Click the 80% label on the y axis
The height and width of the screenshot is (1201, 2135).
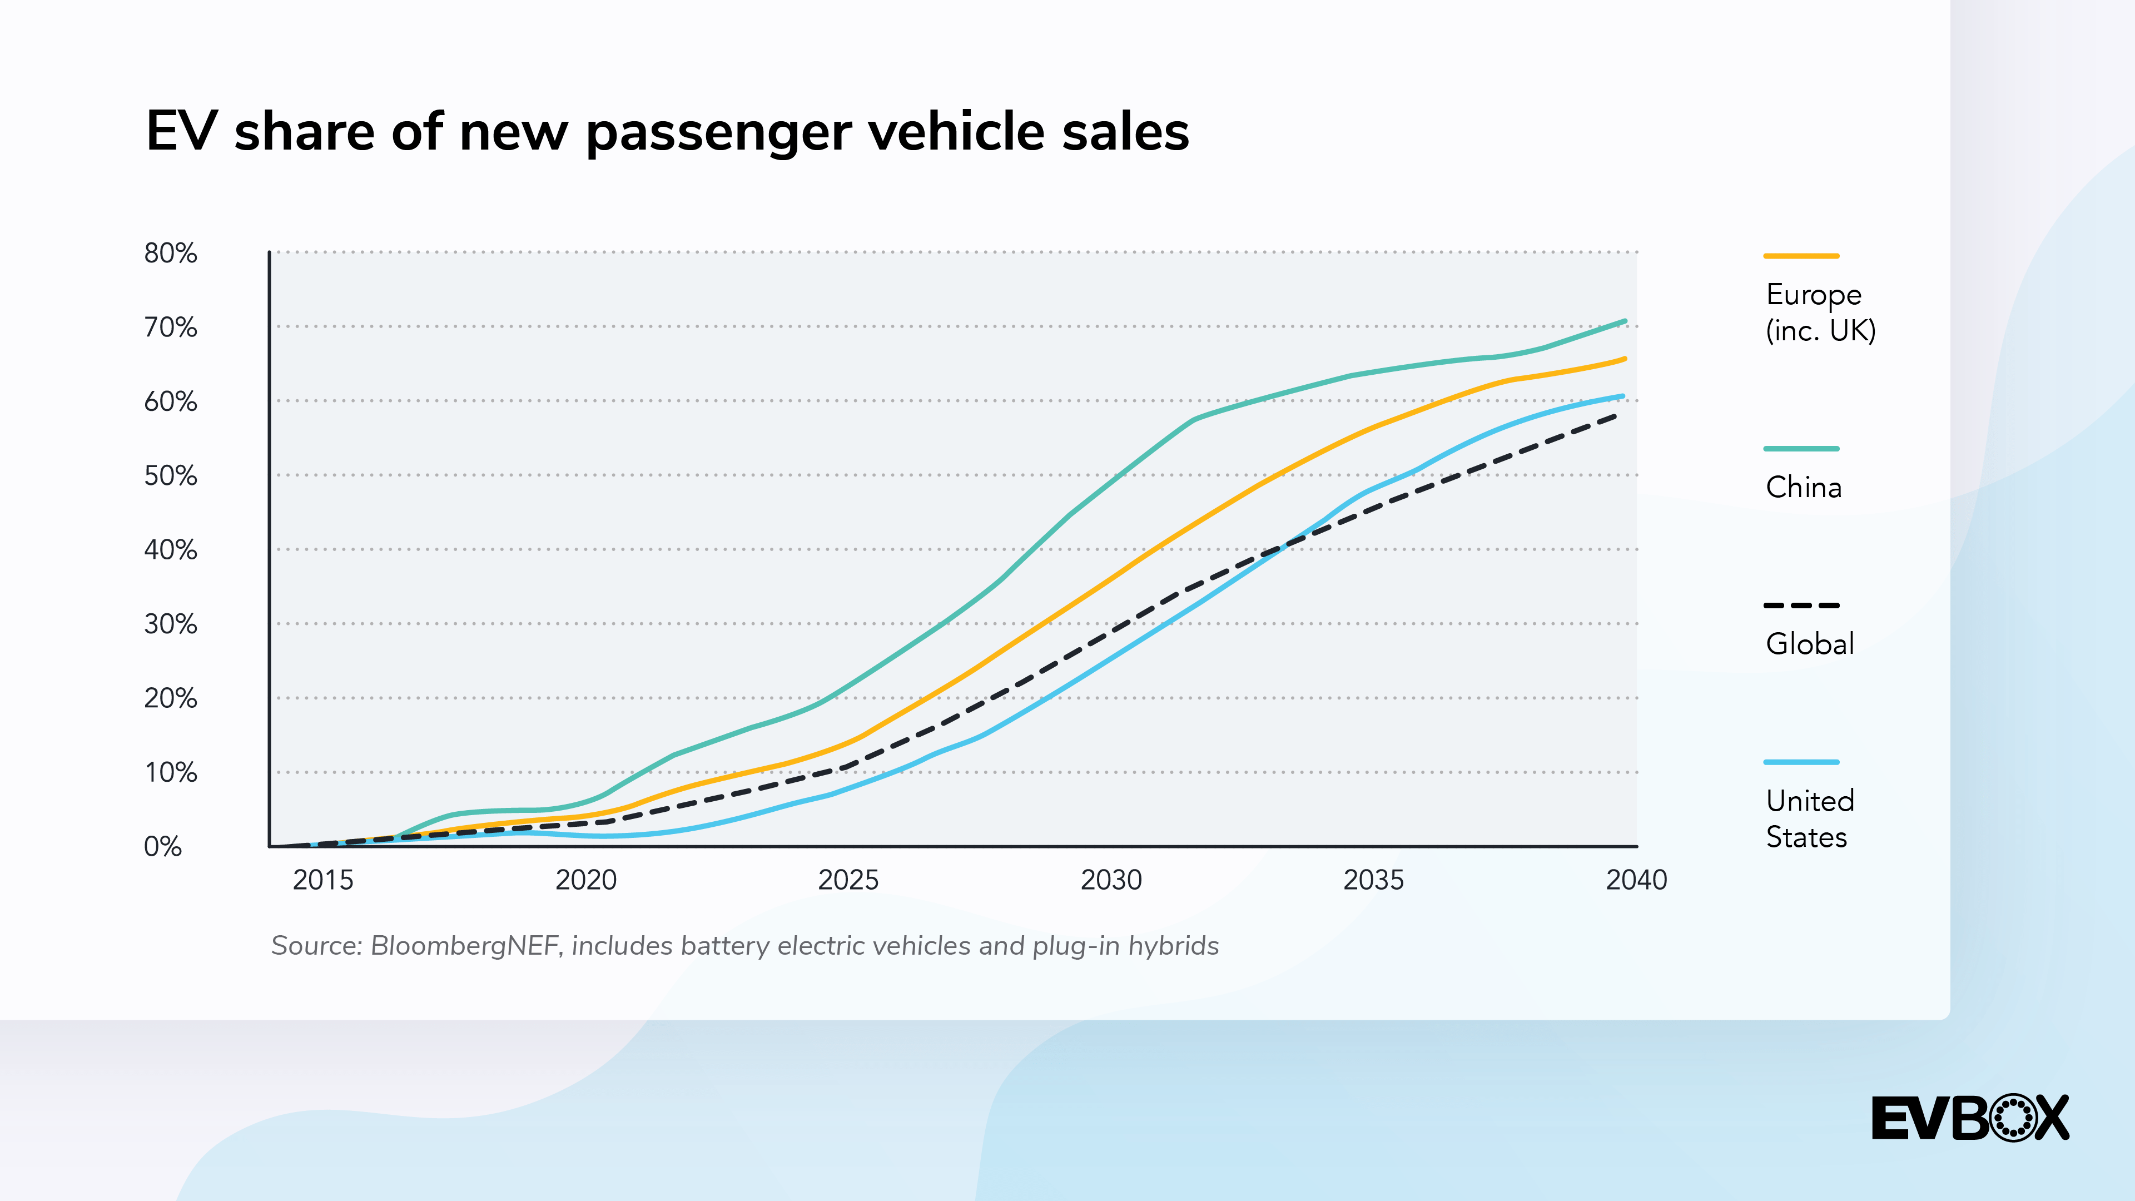[171, 253]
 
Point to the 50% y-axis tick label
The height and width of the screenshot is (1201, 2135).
[171, 476]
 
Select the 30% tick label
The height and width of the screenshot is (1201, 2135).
[171, 624]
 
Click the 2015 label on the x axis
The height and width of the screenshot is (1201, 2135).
[322, 880]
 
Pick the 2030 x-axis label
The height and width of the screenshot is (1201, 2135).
[1111, 880]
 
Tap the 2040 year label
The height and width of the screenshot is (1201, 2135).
[1636, 880]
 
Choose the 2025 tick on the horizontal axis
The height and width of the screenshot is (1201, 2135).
[848, 880]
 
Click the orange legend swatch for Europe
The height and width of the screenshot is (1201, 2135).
[1801, 256]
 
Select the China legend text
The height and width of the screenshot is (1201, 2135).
[1804, 488]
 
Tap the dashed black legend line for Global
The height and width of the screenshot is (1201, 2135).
[1801, 605]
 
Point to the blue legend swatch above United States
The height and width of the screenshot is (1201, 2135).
[1801, 762]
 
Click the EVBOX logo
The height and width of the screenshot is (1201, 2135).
[1970, 1118]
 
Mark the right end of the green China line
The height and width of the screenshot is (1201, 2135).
[1625, 321]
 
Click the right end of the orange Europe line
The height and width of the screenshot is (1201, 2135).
[1625, 359]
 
